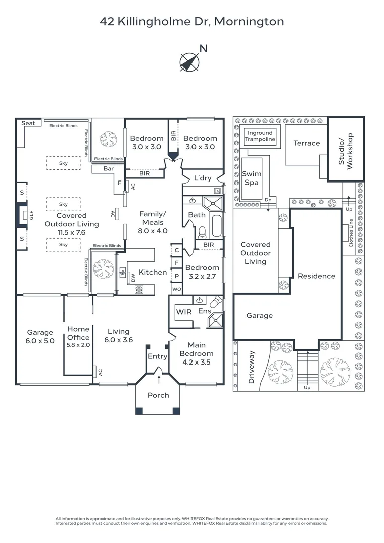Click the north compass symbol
pos(189,61)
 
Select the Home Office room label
pos(78,334)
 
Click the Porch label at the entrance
pos(158,395)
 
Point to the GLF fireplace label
pos(31,216)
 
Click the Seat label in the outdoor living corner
pos(28,123)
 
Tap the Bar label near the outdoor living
pos(108,169)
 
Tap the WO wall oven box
pos(176,289)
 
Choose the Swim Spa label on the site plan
pos(251,178)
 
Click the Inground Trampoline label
pos(260,136)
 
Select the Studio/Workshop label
pos(346,150)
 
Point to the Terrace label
pos(306,143)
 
